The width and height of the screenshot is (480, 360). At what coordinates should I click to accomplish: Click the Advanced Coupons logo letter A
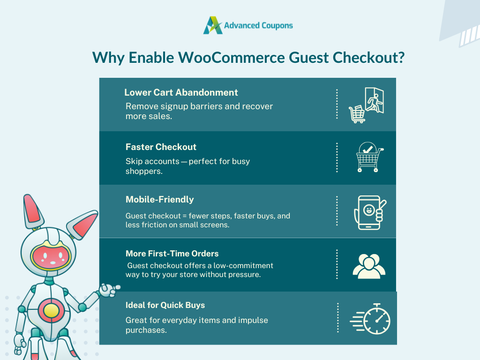click(213, 25)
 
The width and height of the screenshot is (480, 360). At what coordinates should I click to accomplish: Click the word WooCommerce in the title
click(232, 58)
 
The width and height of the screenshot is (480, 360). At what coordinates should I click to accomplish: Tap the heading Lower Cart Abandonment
click(181, 92)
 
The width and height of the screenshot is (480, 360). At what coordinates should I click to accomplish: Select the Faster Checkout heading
click(161, 147)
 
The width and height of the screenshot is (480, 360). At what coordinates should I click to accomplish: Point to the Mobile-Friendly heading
click(159, 200)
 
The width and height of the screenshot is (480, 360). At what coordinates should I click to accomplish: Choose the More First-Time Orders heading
click(172, 254)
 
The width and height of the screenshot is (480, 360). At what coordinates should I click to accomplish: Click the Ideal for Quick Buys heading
click(165, 305)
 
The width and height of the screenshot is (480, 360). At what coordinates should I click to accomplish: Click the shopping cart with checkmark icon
click(369, 157)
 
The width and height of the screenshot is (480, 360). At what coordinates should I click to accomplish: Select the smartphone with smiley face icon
click(370, 212)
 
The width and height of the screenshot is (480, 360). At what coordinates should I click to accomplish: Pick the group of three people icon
click(369, 266)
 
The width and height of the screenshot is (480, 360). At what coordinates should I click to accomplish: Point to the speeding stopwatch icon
click(370, 319)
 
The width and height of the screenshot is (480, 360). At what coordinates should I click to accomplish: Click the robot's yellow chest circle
click(51, 310)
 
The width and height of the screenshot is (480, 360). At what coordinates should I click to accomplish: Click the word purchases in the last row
click(146, 330)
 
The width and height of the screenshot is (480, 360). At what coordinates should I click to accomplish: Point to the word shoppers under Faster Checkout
click(144, 172)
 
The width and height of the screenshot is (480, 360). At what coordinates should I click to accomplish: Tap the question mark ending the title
click(400, 58)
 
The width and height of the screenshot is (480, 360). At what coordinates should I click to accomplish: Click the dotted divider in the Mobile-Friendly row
click(337, 211)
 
